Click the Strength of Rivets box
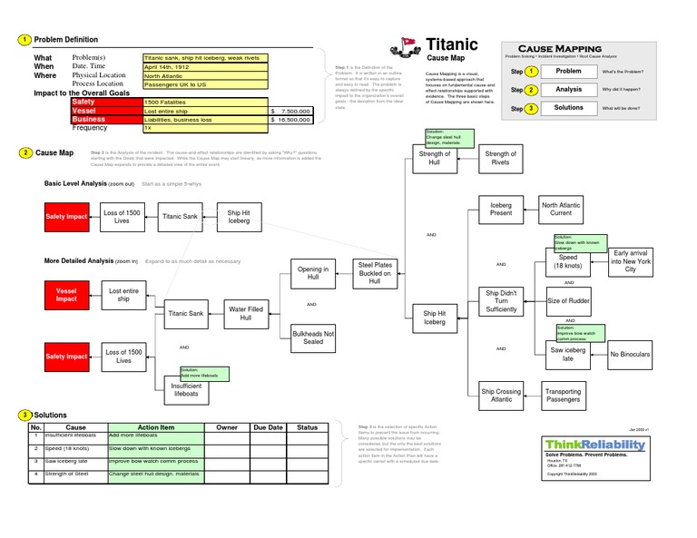pos(500,159)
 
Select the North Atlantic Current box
pos(561,210)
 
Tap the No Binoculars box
pos(630,355)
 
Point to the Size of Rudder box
pos(569,300)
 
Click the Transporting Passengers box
pos(563,396)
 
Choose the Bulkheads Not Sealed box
pos(313,338)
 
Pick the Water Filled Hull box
pos(245,314)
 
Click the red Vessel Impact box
pos(66,294)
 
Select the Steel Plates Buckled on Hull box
pos(374,272)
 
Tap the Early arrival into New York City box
pos(631,261)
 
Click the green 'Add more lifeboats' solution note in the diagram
pos(204,373)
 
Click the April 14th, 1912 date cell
pos(204,67)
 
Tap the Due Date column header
pos(268,427)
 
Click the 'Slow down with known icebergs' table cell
pos(154,448)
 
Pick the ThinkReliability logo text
pos(596,445)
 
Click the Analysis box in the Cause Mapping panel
pos(568,90)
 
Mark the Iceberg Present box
pos(501,210)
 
